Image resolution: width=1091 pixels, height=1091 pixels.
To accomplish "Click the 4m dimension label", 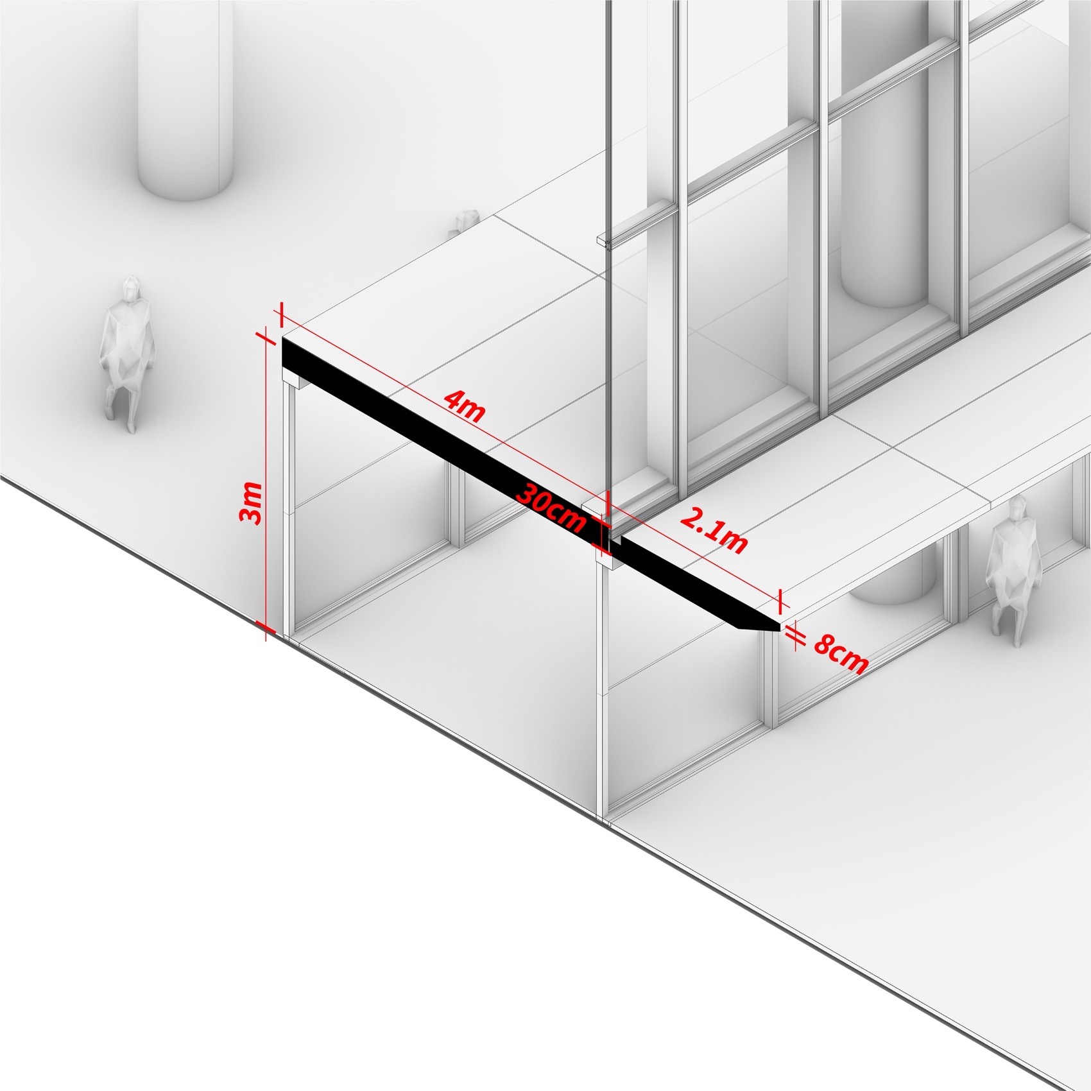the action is tap(464, 407).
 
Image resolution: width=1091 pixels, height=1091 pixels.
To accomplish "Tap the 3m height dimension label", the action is tap(251, 503).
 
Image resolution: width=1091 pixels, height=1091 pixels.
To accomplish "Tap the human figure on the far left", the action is tap(127, 353).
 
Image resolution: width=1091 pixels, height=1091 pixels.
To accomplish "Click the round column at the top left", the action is tap(184, 96).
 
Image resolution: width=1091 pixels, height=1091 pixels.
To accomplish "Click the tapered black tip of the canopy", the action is tap(757, 623).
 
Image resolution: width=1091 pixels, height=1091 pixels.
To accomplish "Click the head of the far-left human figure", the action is tap(133, 288).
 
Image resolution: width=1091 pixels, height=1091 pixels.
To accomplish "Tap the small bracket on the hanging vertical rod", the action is tap(605, 240).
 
